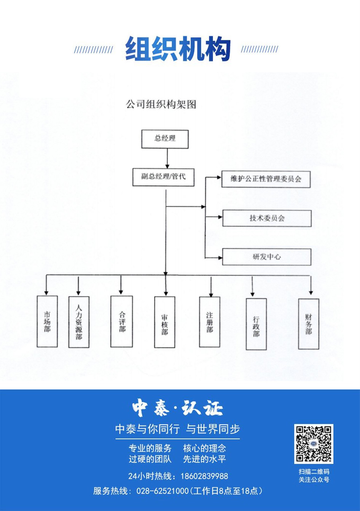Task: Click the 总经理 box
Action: pos(165,139)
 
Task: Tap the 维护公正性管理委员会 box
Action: pos(266,179)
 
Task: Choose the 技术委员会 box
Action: pos(267,218)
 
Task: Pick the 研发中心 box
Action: pos(266,257)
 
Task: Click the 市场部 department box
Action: pos(47,321)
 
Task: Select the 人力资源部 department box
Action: pos(79,322)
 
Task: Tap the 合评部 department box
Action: pos(122,321)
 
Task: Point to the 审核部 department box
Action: pos(165,322)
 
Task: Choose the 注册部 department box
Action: pos(210,322)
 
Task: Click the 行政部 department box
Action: pos(256,324)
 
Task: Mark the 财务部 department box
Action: pos(309,324)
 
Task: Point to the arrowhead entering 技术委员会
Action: pos(220,217)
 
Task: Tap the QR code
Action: pos(314,444)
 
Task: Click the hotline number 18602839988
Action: pos(204,476)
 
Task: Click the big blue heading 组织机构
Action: pos(178,49)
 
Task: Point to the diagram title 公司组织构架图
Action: pos(161,105)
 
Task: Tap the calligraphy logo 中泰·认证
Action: pos(177,409)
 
